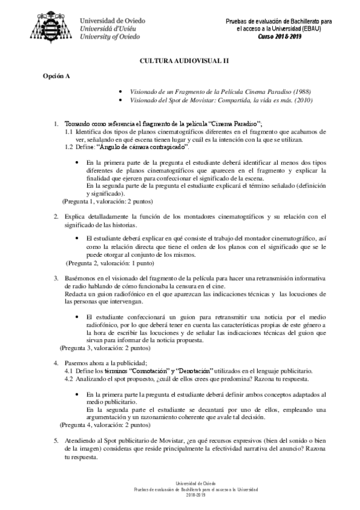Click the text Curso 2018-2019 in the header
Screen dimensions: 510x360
(279, 36)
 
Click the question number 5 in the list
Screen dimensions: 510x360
(56, 440)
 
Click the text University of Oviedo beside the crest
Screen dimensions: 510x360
(111, 36)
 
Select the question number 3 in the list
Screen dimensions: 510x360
(56, 278)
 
